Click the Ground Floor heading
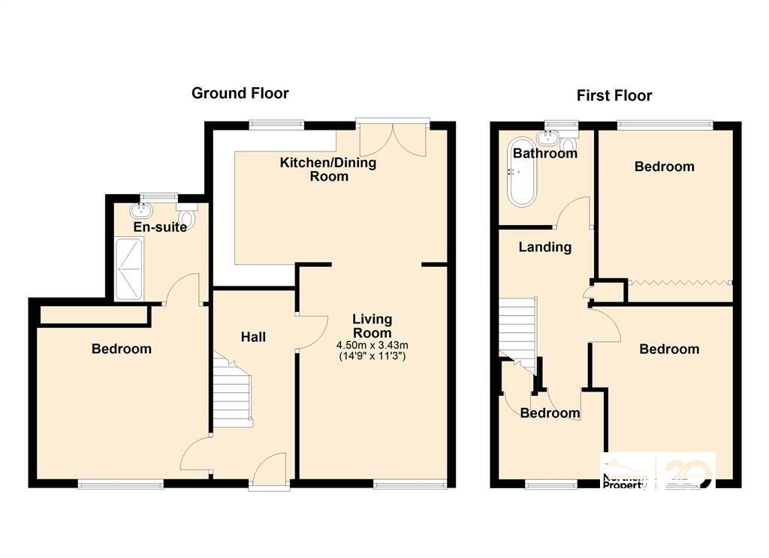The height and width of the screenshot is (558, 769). pos(240,93)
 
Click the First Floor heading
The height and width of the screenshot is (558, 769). pos(614,95)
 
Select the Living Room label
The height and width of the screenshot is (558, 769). pos(372,327)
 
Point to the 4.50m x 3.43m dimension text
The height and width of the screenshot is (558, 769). pos(372,346)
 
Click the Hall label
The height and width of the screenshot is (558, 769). pos(253,337)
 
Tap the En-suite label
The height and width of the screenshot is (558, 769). pos(160,226)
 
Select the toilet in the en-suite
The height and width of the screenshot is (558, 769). pos(188,217)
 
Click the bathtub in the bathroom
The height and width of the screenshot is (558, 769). pos(522,172)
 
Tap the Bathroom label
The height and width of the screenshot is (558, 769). pos(545,154)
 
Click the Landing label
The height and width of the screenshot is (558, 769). pos(545,247)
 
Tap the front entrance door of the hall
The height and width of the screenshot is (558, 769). pos(270,471)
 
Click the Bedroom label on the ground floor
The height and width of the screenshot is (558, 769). pos(121,349)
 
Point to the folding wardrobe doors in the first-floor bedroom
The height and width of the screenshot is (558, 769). pos(680,283)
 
